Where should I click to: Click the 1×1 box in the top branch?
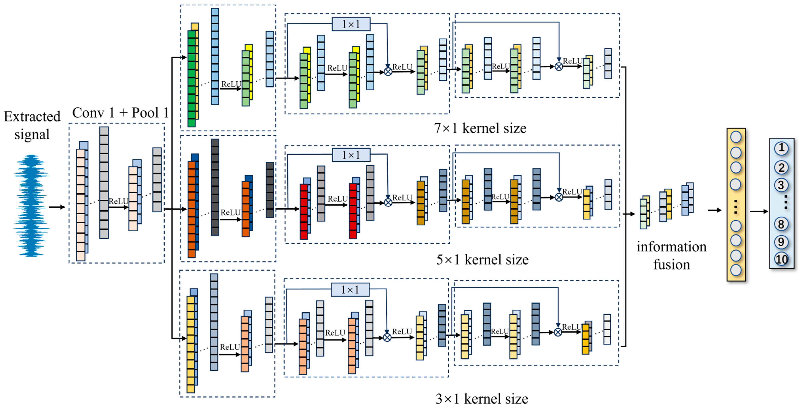[351, 24]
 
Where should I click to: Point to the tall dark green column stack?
[191, 79]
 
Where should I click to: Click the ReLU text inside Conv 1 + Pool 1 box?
[118, 201]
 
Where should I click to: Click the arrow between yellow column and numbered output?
[759, 211]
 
